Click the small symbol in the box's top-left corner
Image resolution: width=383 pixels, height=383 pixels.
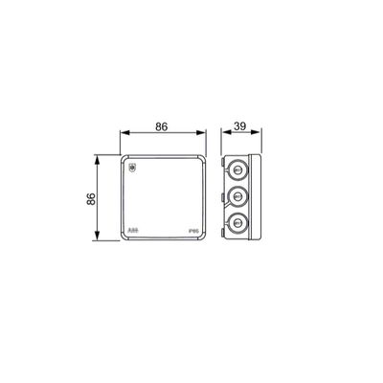coord(133,167)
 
